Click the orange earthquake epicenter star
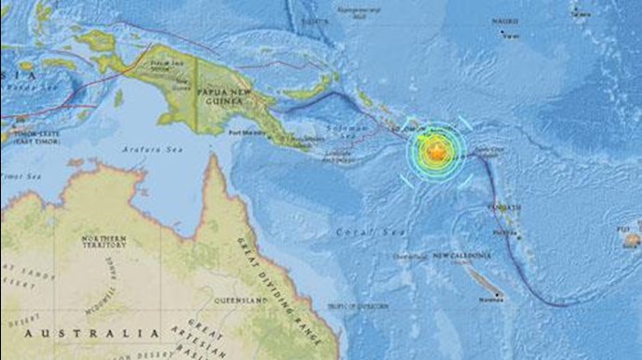435,151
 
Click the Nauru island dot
502,35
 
